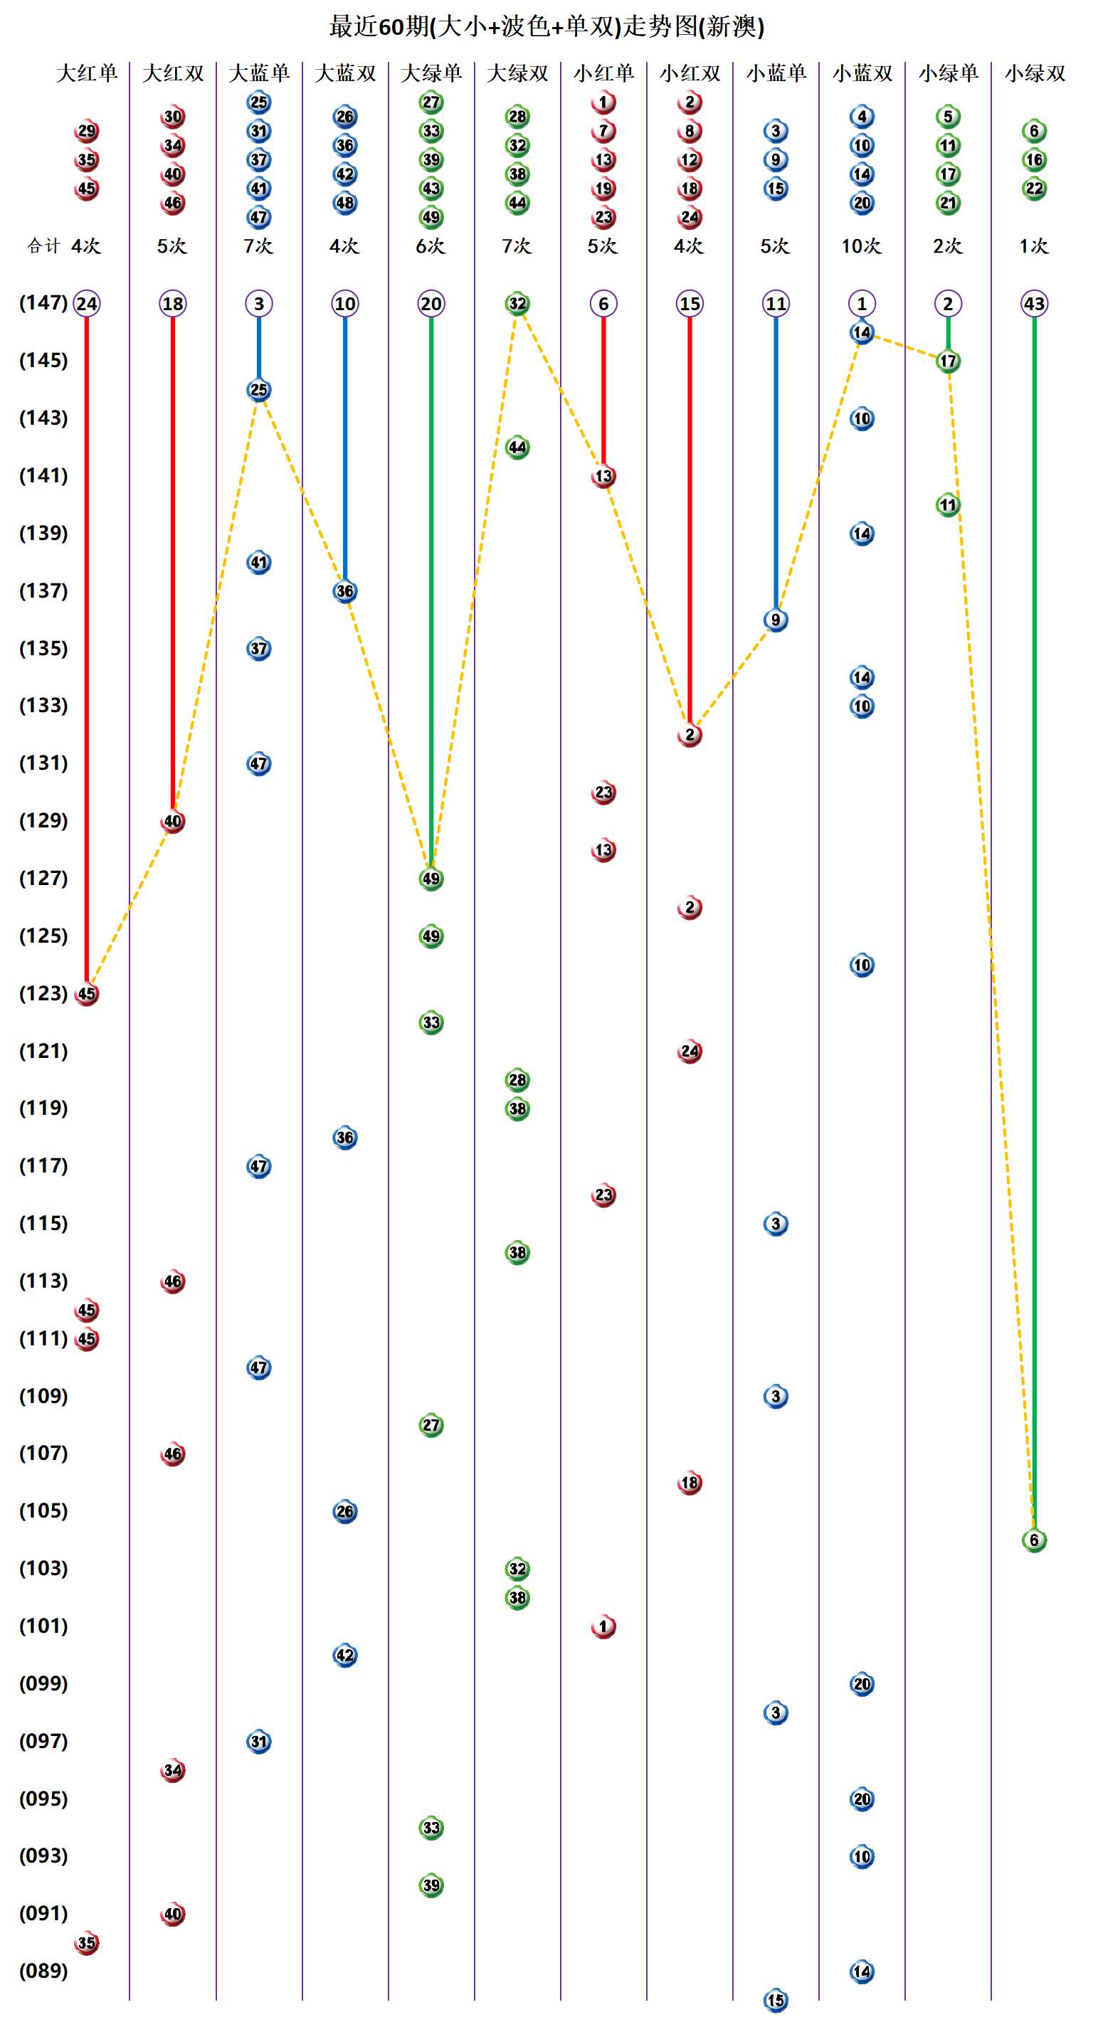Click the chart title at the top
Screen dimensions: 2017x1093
click(x=546, y=26)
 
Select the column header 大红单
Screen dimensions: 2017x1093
click(x=87, y=73)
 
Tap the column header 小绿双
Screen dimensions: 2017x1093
click(x=1034, y=73)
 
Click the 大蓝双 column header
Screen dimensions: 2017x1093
click(x=345, y=73)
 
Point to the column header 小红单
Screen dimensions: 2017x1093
click(x=603, y=73)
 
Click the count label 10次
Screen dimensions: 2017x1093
click(x=861, y=247)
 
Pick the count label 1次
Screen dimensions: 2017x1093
click(x=1033, y=247)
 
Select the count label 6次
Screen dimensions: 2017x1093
click(x=431, y=247)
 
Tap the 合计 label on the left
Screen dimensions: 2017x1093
click(x=43, y=247)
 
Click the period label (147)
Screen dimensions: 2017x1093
click(x=43, y=303)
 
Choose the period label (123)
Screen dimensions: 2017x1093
click(x=43, y=994)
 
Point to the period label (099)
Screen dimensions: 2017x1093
click(x=43, y=1683)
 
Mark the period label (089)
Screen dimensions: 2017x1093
click(x=43, y=1971)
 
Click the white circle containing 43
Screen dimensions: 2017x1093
click(x=1034, y=304)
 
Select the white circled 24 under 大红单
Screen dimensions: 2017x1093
click(x=87, y=304)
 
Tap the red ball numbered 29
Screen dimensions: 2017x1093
click(x=87, y=131)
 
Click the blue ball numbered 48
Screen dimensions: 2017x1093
click(x=345, y=203)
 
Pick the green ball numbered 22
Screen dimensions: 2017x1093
click(x=1034, y=189)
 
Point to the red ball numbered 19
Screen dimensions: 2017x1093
click(x=603, y=189)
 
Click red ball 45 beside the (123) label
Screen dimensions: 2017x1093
click(x=87, y=995)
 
